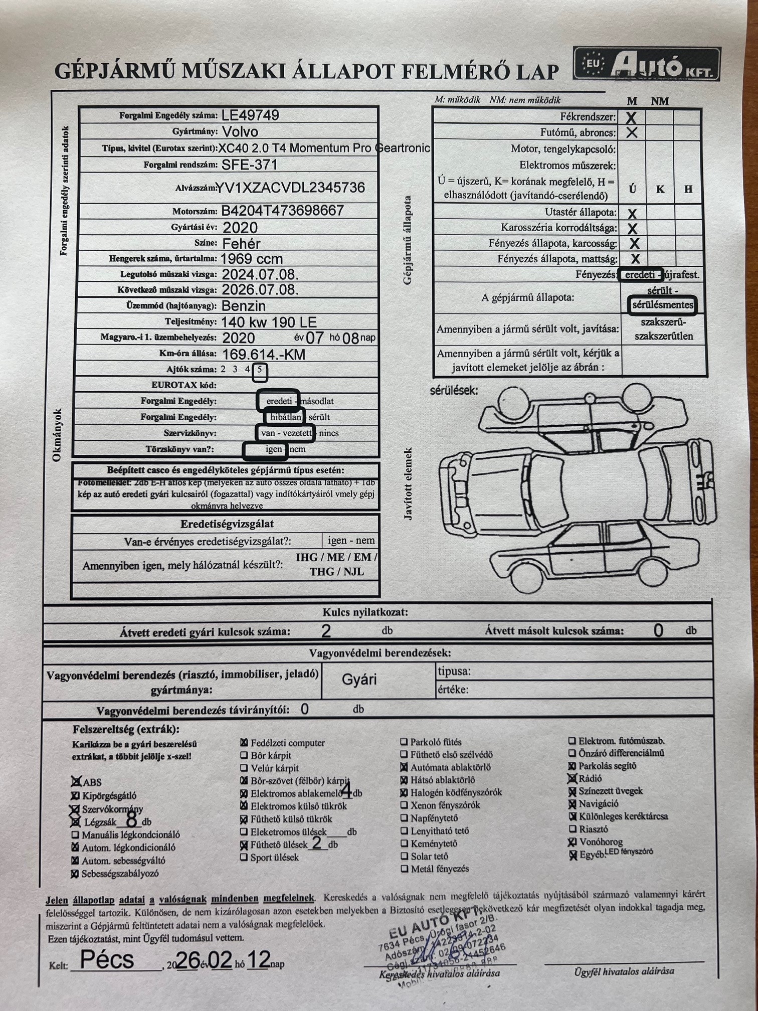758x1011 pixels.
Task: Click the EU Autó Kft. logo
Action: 646,64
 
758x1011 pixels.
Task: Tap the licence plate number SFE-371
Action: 249,164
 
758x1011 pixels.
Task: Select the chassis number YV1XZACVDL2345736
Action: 290,188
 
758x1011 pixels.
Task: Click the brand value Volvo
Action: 240,132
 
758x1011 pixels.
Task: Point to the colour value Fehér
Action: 241,244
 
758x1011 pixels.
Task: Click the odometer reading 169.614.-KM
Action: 263,355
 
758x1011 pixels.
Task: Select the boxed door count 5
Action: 260,370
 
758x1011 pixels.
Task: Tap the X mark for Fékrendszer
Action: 631,118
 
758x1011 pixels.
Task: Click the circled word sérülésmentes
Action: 662,305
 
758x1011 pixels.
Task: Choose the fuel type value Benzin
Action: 243,306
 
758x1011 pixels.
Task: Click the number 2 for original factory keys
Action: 326,630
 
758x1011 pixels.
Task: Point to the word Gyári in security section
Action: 359,680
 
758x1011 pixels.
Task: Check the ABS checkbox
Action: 76,781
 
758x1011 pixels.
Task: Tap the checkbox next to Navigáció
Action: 572,804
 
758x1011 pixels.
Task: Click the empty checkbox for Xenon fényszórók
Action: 404,805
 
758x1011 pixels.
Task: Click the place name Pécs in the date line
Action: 107,959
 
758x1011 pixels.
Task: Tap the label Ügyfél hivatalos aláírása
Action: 624,971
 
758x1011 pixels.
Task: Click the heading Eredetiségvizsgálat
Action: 227,524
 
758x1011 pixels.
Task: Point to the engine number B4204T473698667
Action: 282,211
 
